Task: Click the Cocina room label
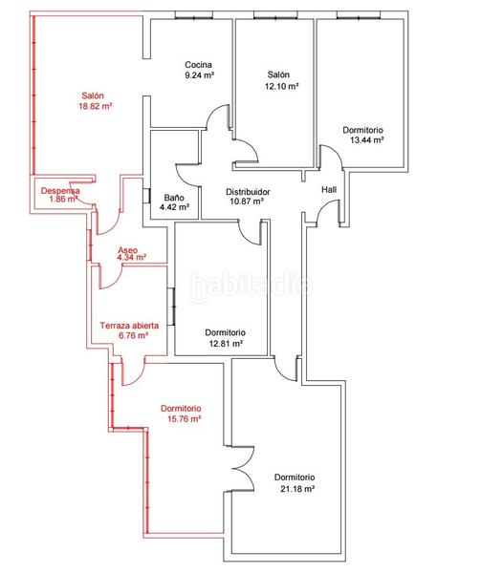tap(198, 65)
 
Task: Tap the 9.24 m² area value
tap(199, 75)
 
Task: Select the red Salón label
tap(93, 95)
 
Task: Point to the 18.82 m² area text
tap(95, 106)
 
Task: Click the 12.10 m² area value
tap(281, 87)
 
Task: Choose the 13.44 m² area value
tap(366, 140)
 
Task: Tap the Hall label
tap(329, 190)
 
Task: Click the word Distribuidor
tap(248, 192)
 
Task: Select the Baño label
tap(174, 198)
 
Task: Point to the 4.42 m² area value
tap(174, 207)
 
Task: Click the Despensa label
tap(60, 191)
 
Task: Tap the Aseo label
tap(127, 250)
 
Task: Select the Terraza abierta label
tap(129, 326)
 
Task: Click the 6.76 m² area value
tap(133, 335)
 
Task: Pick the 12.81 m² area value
tap(226, 344)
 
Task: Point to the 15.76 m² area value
tap(184, 419)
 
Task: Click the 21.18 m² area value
tap(297, 489)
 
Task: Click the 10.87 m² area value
tap(247, 202)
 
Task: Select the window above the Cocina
tap(194, 15)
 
